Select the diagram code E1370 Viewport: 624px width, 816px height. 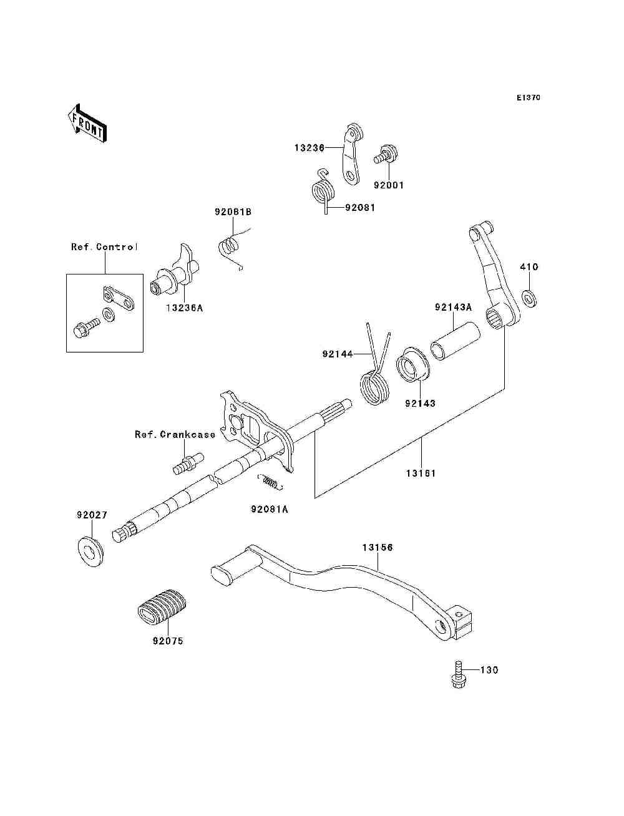(x=528, y=98)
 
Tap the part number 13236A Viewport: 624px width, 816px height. (x=184, y=308)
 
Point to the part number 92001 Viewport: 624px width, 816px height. (x=389, y=185)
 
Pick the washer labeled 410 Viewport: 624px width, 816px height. (x=529, y=298)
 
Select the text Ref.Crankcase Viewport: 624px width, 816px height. (x=175, y=434)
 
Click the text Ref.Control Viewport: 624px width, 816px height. (x=104, y=247)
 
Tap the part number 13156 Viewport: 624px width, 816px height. (x=378, y=548)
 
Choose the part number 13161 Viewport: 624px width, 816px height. (x=421, y=473)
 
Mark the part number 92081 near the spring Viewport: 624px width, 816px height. (x=360, y=208)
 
